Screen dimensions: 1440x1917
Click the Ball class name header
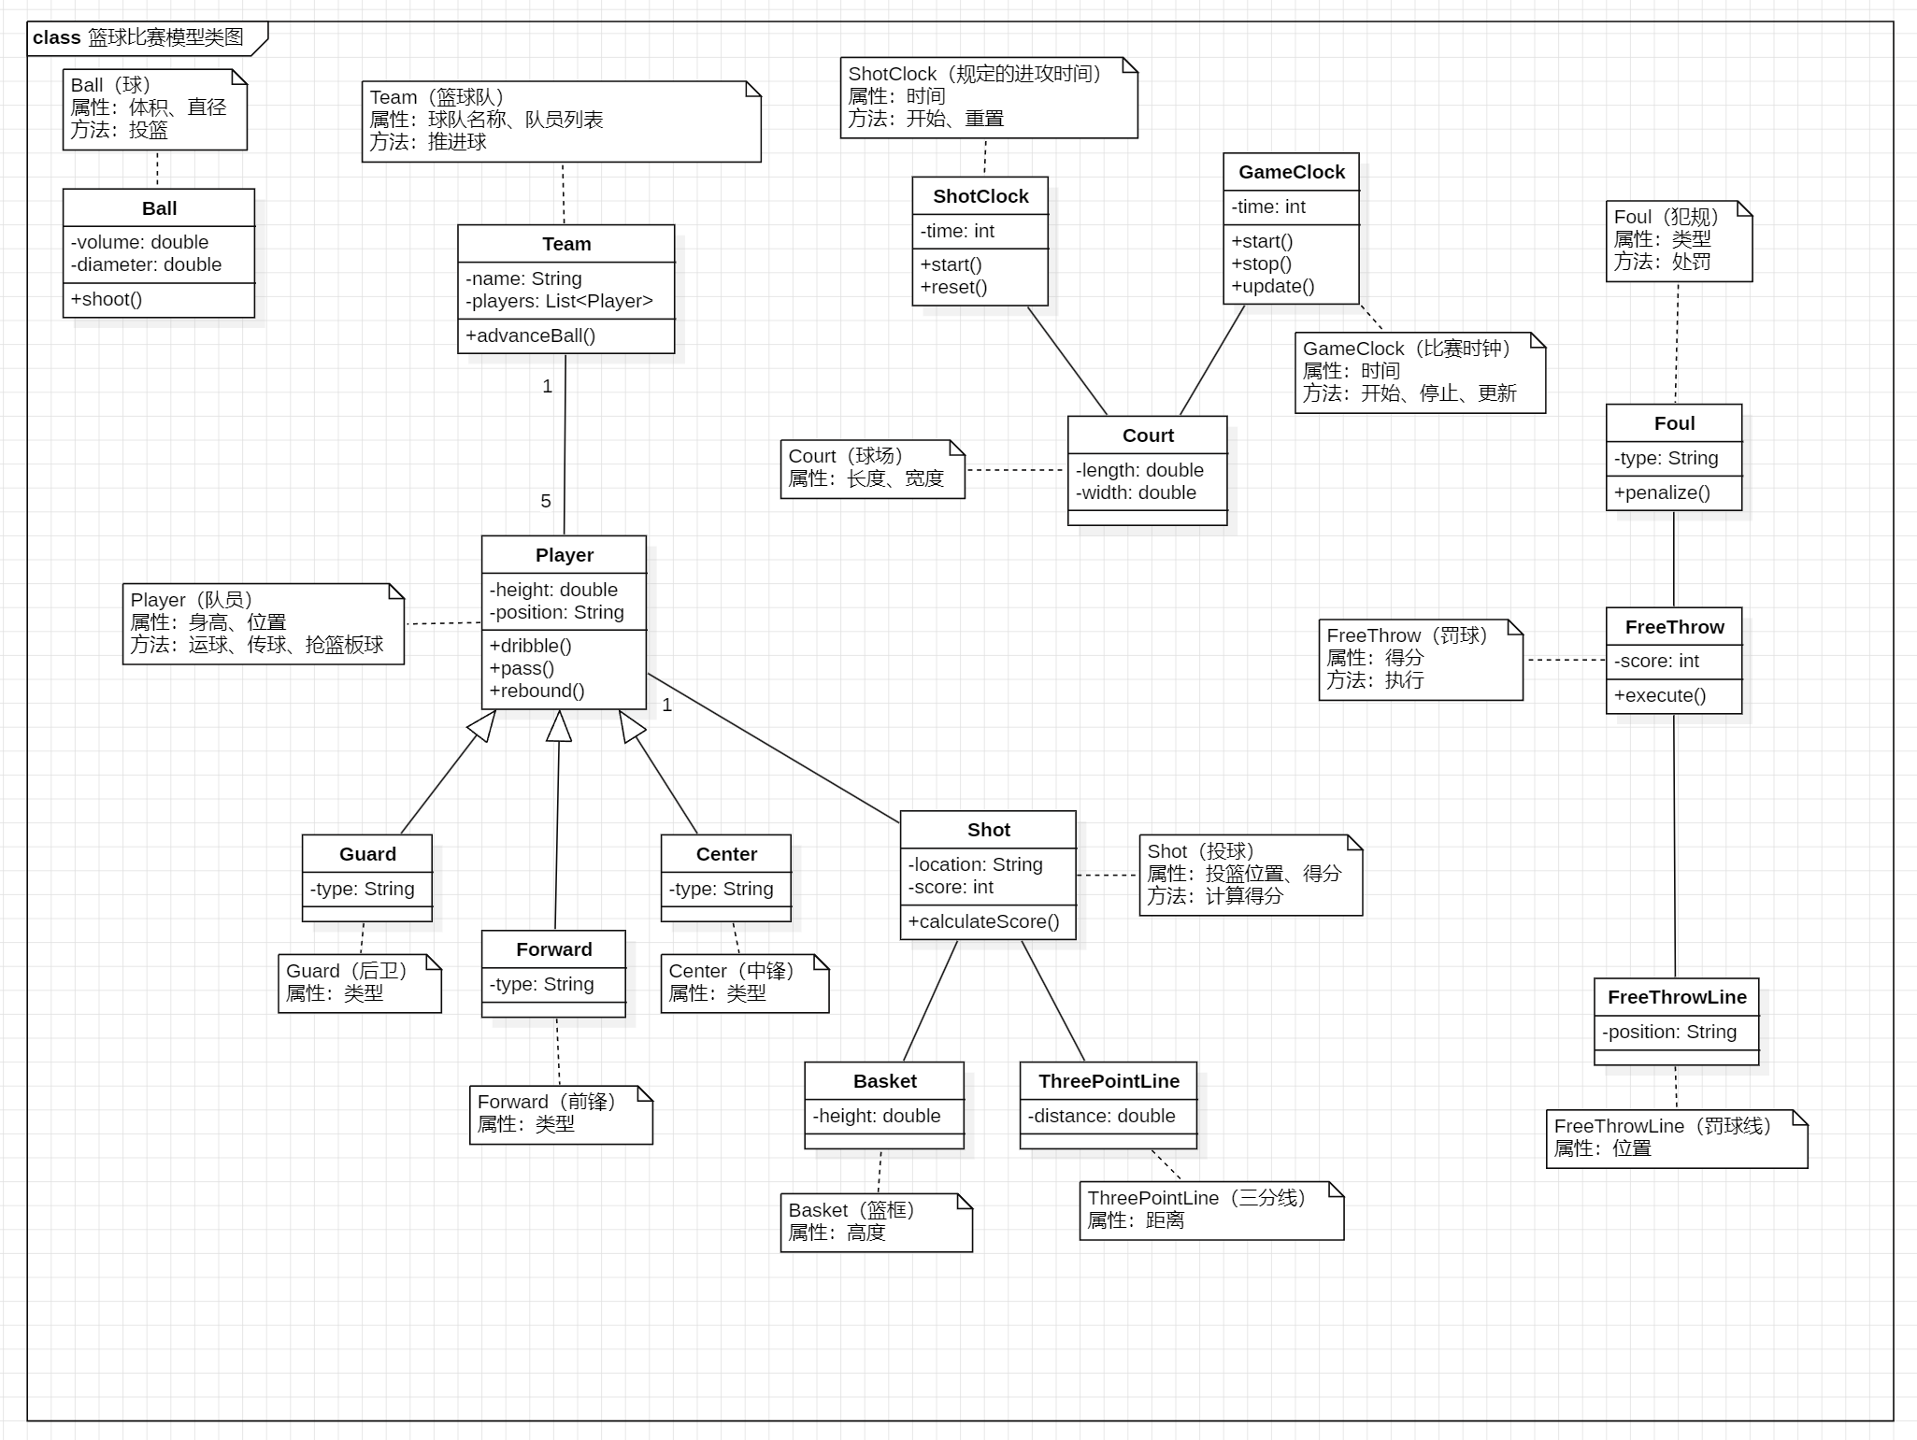159,208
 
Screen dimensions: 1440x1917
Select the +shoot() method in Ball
107,299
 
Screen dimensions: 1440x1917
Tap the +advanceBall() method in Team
530,335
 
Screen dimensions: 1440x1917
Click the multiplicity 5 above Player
546,502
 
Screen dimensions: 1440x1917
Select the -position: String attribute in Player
557,612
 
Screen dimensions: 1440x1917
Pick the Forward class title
553,949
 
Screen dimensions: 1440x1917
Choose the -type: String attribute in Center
721,889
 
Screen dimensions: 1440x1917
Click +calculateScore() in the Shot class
983,921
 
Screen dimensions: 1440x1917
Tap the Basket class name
884,1081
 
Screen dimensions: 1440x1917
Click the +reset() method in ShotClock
953,287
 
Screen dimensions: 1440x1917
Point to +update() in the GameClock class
1272,286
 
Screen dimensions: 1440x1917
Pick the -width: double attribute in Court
1136,492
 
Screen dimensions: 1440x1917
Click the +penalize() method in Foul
1661,492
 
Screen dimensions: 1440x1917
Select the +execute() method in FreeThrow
1659,695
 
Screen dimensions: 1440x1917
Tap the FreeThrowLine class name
1676,997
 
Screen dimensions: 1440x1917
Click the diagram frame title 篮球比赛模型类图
165,37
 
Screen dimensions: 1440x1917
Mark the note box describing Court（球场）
872,469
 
